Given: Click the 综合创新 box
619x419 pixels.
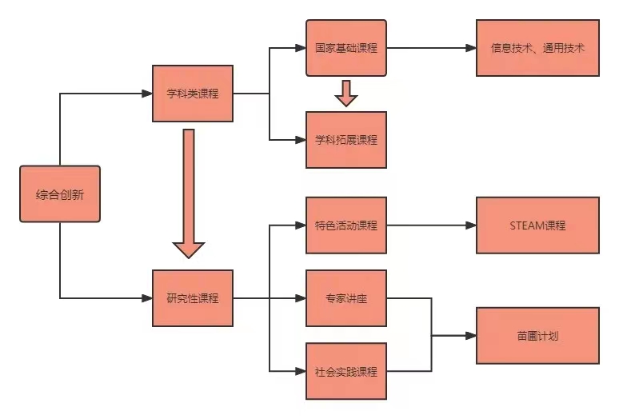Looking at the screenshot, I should click(x=60, y=194).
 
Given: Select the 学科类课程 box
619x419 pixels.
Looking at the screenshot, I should click(x=193, y=94).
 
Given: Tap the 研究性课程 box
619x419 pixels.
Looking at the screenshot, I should click(x=193, y=298).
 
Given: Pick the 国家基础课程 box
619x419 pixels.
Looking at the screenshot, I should click(x=345, y=48).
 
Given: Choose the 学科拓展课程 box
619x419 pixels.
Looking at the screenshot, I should click(x=345, y=140).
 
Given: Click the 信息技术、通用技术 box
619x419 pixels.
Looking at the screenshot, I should click(x=537, y=48).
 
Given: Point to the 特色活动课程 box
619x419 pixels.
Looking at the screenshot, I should click(x=345, y=225).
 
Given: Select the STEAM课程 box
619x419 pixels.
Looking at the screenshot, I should click(x=537, y=225).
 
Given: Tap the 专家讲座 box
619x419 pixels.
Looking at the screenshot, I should click(x=345, y=298).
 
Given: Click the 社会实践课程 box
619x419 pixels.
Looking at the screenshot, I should click(x=345, y=371).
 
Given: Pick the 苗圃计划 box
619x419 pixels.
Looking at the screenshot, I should click(x=537, y=335).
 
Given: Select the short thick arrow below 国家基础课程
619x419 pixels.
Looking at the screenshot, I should click(x=345, y=93).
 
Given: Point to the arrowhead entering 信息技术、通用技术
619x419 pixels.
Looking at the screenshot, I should click(x=471, y=48).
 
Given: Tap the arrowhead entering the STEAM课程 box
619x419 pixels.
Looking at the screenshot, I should click(x=471, y=225).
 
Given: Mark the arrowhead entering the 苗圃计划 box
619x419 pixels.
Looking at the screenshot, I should click(x=471, y=335).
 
